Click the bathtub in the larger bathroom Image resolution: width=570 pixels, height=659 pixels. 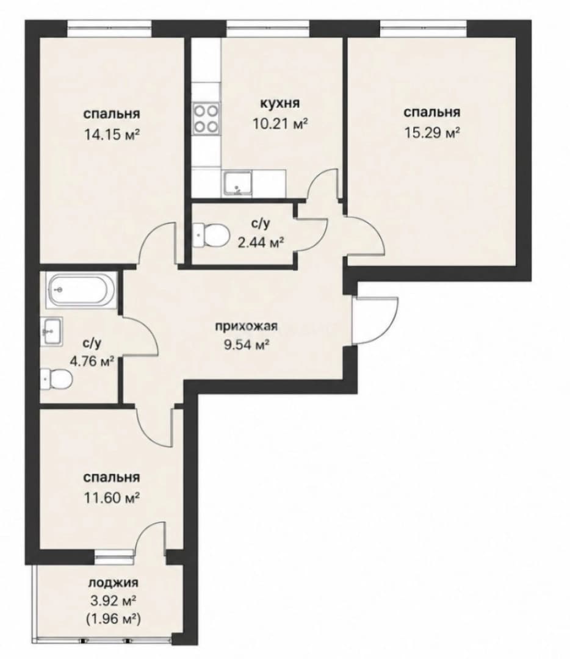pyautogui.click(x=82, y=290)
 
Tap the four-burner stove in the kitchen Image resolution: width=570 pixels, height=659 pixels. pyautogui.click(x=206, y=118)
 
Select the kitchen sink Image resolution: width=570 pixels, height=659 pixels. pyautogui.click(x=237, y=184)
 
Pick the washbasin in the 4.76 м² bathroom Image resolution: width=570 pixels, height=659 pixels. pyautogui.click(x=52, y=331)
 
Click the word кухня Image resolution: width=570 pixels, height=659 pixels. pyautogui.click(x=280, y=103)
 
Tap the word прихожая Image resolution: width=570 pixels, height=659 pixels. pyautogui.click(x=247, y=326)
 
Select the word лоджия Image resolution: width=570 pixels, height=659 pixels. pyautogui.click(x=113, y=583)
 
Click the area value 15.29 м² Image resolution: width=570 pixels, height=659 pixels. pyautogui.click(x=431, y=133)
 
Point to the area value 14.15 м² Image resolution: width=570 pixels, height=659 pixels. pyautogui.click(x=112, y=134)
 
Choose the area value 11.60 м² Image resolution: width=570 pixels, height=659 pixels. pyautogui.click(x=112, y=498)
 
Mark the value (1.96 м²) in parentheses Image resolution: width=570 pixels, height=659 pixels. pyautogui.click(x=113, y=619)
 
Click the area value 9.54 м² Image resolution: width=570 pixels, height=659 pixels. pyautogui.click(x=247, y=345)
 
